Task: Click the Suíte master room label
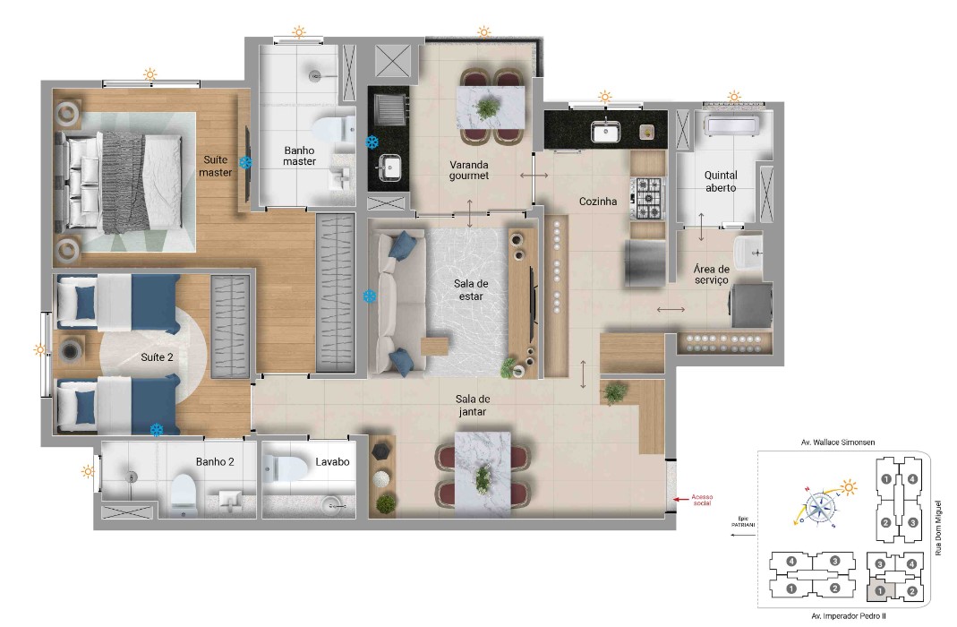coord(215,165)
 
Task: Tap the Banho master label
coord(300,156)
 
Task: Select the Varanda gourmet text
coord(469,170)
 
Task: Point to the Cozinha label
coord(598,202)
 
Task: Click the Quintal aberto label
coord(721,182)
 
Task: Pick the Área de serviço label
coord(712,274)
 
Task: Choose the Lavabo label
coord(331,462)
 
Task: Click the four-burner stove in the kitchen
coord(648,199)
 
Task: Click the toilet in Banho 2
coord(184,494)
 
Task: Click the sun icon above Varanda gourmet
coord(483,32)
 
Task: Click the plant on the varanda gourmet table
coord(488,108)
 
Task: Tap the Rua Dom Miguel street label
coord(939,528)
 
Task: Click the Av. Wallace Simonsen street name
coord(839,442)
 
